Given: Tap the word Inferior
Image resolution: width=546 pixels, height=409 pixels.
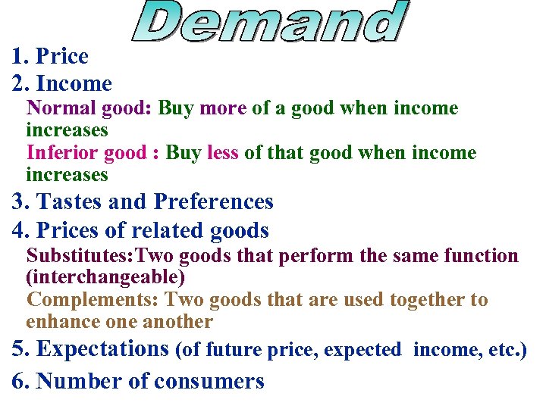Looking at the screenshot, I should coord(62,153).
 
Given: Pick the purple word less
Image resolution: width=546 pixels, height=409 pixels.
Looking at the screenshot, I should coord(222,153).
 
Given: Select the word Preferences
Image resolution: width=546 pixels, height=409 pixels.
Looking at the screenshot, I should coord(213,201).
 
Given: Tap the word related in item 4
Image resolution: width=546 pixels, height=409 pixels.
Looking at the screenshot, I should coord(158,229).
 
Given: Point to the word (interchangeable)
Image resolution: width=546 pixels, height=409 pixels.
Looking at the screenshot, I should coord(105,278).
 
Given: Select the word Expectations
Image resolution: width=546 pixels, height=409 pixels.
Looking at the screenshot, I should coord(102,349).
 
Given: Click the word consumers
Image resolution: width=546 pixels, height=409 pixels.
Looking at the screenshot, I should coord(209,381).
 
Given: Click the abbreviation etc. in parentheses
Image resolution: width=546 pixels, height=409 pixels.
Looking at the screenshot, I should coord(506,351).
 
